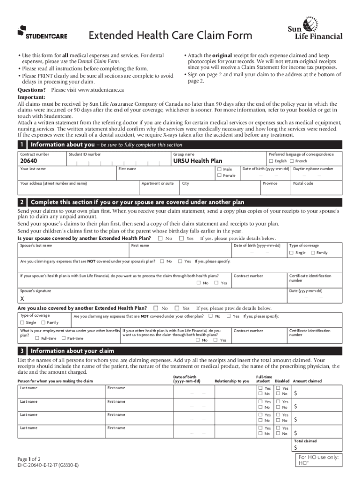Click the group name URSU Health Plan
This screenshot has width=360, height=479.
[x=198, y=161]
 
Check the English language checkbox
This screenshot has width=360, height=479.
[x=271, y=161]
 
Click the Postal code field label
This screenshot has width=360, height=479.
[x=303, y=183]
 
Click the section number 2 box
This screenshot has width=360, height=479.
[x=22, y=202]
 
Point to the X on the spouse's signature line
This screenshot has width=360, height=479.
[x=22, y=299]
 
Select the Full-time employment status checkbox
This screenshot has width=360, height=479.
[x=37, y=338]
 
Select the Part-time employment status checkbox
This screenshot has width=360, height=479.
[x=64, y=338]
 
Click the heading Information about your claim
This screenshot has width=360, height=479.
[x=72, y=351]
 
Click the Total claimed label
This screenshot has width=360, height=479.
[x=305, y=441]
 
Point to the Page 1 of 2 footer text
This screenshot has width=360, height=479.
[x=29, y=459]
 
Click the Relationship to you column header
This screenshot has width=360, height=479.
[x=232, y=381]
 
